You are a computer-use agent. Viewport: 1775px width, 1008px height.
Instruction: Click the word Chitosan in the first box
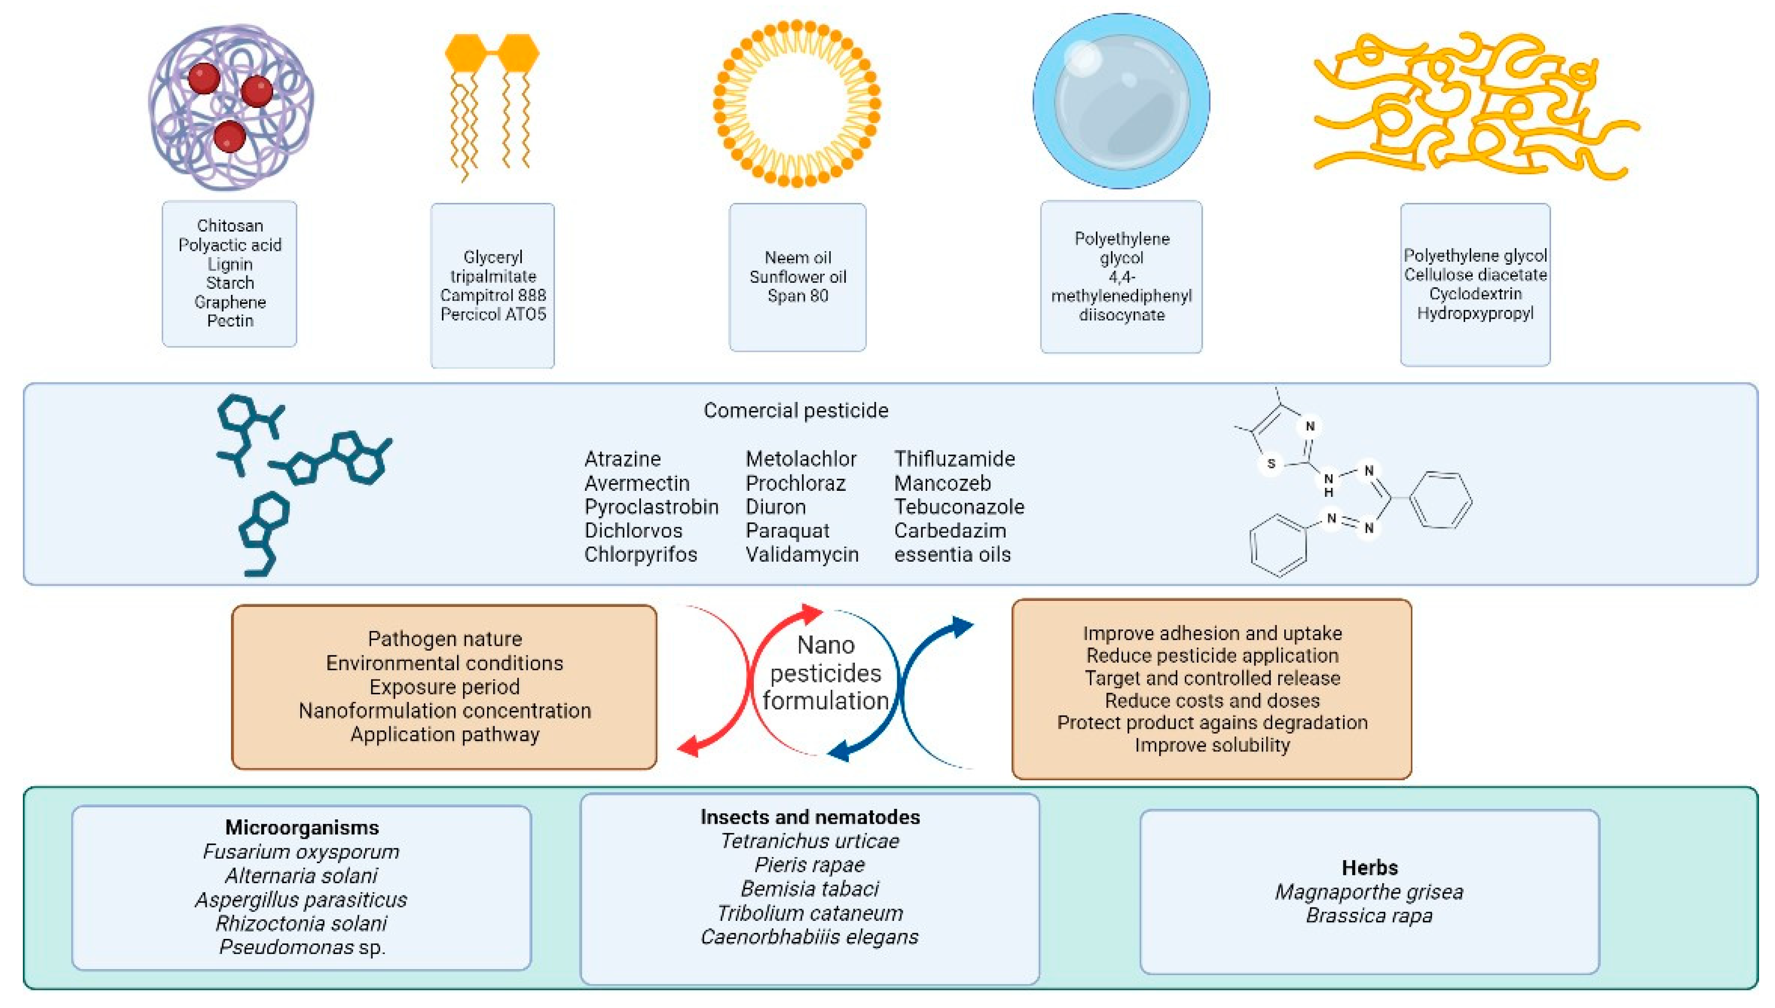(230, 226)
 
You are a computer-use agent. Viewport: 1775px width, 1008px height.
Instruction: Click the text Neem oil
(797, 258)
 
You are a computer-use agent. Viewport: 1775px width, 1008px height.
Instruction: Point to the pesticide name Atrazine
(622, 459)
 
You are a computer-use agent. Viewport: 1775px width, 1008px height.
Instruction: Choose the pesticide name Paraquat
(787, 531)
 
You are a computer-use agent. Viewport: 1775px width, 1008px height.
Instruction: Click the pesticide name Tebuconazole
(958, 507)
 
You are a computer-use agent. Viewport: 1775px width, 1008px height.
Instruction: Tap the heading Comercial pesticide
(796, 411)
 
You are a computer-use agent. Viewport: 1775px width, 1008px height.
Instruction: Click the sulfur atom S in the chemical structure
(1271, 464)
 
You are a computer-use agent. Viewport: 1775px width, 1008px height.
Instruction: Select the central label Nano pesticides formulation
(826, 673)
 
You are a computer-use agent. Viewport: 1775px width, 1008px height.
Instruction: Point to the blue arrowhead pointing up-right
(962, 626)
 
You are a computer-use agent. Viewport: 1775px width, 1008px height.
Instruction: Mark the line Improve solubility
(1212, 745)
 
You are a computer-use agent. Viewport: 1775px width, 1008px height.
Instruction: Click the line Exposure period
(444, 687)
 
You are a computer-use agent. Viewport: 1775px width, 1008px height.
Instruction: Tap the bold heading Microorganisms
(302, 827)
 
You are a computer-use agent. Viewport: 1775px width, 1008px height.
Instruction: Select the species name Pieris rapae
(809, 865)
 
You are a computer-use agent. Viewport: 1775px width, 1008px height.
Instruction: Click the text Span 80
(797, 296)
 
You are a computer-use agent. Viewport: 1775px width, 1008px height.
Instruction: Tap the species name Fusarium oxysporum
(301, 852)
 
